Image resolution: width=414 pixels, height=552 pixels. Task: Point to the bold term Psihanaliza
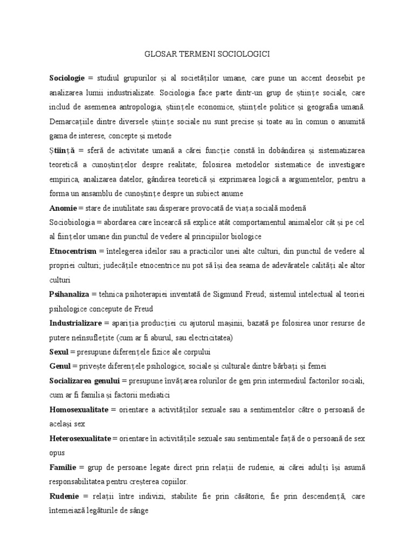[x=70, y=294]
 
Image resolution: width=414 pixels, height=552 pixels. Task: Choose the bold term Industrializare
[x=75, y=323]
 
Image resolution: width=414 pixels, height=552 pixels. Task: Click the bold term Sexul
[x=59, y=352]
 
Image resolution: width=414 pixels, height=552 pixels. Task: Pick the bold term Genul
[x=59, y=367]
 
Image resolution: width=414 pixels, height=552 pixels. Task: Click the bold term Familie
[x=63, y=467]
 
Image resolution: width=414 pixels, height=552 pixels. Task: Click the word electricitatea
[x=208, y=337]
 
